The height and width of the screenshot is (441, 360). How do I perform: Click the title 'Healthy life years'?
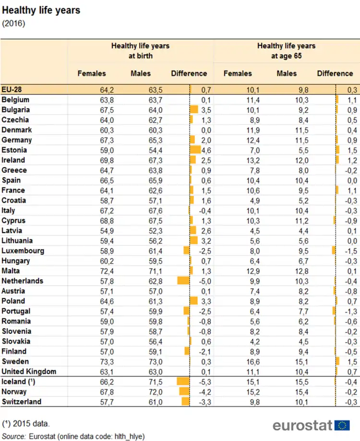pyautogui.click(x=41, y=10)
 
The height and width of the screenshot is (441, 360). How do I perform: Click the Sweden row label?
pyautogui.click(x=15, y=361)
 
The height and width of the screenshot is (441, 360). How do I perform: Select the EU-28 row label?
pyautogui.click(x=12, y=89)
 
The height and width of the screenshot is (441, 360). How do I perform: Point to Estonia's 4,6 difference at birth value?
pyautogui.click(x=205, y=150)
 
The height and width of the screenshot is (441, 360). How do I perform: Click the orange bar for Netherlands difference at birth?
pyautogui.click(x=183, y=281)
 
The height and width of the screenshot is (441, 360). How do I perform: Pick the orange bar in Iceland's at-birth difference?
pyautogui.click(x=183, y=381)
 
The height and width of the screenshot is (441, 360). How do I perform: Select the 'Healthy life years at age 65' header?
pyautogui.click(x=286, y=51)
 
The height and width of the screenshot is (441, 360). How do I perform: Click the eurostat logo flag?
pyautogui.click(x=342, y=425)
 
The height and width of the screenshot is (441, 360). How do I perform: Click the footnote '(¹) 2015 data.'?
pyautogui.click(x=26, y=424)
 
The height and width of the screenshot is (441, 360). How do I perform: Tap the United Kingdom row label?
pyautogui.click(x=29, y=371)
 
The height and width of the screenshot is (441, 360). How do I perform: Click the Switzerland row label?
pyautogui.click(x=22, y=402)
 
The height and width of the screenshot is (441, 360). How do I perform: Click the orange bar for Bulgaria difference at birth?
pyautogui.click(x=194, y=110)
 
